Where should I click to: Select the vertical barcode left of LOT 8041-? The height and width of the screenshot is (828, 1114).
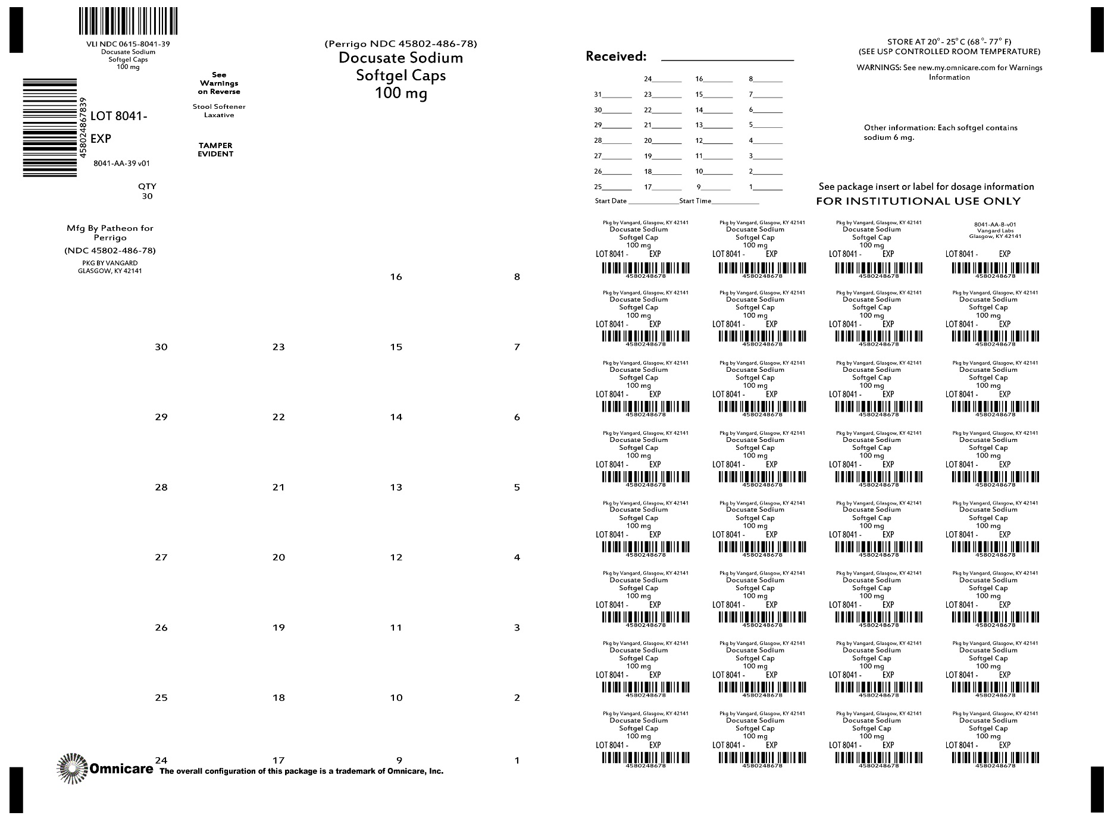click(x=51, y=127)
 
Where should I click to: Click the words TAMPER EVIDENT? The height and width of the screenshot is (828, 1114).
click(x=215, y=150)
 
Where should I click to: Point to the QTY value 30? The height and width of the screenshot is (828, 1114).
click(x=147, y=196)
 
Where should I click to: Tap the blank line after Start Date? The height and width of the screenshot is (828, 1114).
click(x=653, y=202)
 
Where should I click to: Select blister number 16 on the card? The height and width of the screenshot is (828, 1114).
click(x=396, y=277)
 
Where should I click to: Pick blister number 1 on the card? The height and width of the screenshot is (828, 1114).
click(x=517, y=761)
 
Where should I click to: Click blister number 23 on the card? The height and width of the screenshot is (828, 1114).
click(x=278, y=347)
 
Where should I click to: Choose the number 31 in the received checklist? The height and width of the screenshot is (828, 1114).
click(x=598, y=95)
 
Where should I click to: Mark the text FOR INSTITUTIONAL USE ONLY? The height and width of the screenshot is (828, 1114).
click(x=918, y=202)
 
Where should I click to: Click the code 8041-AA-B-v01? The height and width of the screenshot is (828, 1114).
click(x=994, y=224)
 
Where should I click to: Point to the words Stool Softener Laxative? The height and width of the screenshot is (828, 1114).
click(x=219, y=111)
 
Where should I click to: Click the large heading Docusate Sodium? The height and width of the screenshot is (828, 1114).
click(x=400, y=58)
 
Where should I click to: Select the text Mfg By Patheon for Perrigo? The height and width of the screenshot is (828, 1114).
click(x=110, y=233)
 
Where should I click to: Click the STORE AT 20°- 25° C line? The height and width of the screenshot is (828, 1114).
click(x=949, y=42)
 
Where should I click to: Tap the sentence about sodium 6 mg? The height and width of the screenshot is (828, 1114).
click(x=940, y=133)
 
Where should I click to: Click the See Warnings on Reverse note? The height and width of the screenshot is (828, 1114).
click(x=219, y=83)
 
